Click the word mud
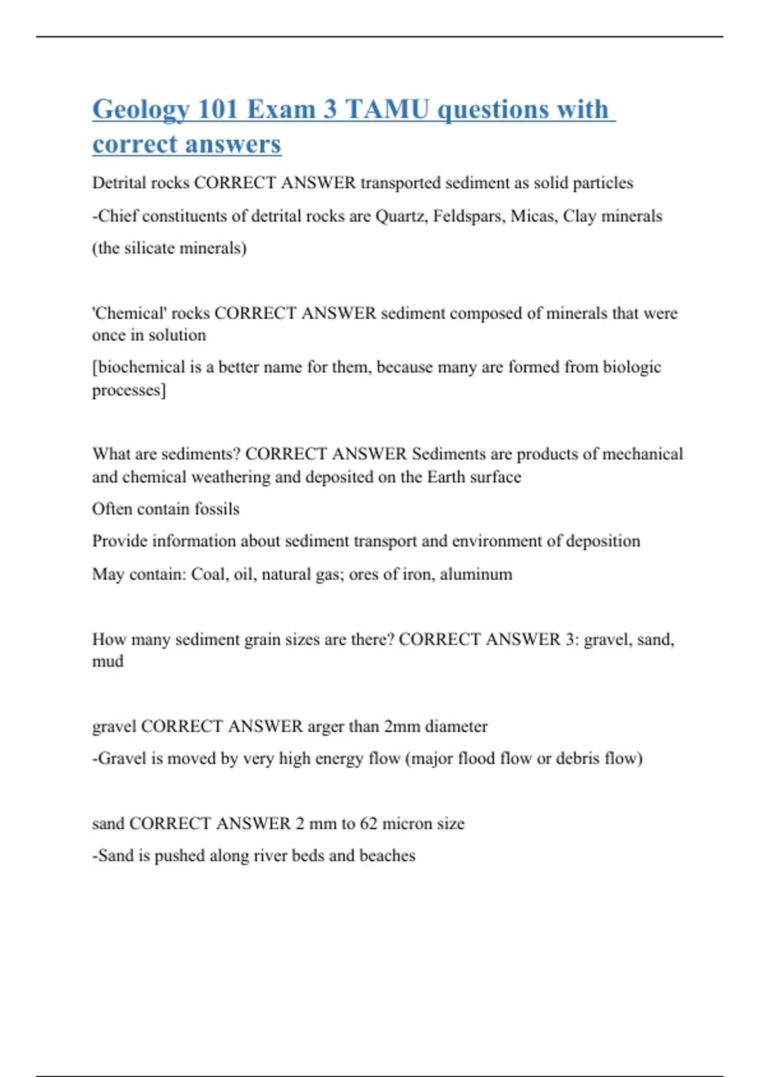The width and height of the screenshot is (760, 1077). point(108,661)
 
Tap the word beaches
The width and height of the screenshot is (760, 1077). point(387,855)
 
